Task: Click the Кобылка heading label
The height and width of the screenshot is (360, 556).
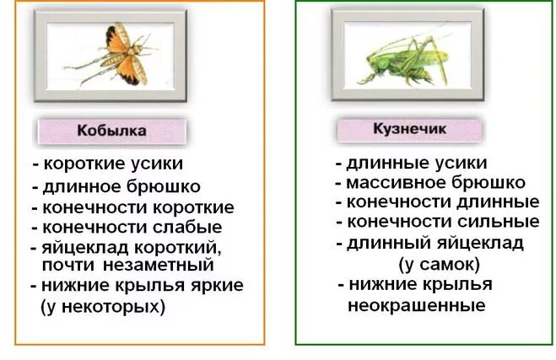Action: [111, 131]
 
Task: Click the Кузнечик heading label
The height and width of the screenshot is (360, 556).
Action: [409, 129]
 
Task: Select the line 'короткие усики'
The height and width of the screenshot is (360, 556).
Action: [113, 164]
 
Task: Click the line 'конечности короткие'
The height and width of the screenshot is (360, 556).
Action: [138, 207]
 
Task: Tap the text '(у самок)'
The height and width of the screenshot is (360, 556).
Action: [438, 264]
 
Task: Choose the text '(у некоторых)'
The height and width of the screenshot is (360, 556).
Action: [103, 306]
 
